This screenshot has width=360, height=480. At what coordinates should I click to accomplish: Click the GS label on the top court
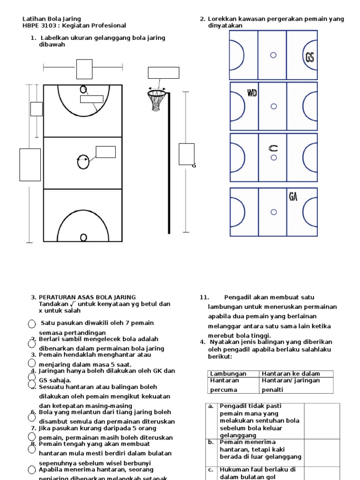point(309,57)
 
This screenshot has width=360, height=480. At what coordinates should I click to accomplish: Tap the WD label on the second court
point(252,92)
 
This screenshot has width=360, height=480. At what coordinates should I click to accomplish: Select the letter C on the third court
point(273,149)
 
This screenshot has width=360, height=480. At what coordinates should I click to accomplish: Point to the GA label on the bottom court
point(293,196)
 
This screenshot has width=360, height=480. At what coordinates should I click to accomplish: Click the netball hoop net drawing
point(157,101)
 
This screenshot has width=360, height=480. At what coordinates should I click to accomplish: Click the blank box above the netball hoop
point(164,73)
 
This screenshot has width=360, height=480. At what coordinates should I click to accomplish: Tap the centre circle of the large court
point(83,161)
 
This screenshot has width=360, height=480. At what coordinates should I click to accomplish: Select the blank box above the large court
point(84,69)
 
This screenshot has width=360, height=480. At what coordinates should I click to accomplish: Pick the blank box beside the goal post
point(187,154)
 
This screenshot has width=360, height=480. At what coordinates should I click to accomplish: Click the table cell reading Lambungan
point(222,374)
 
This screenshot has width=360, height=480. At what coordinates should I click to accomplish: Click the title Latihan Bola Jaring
point(45,19)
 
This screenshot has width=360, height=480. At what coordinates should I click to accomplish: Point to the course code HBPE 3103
point(37,25)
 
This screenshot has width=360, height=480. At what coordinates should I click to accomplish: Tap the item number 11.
point(204,297)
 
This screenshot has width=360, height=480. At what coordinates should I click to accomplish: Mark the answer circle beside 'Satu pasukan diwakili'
point(32,324)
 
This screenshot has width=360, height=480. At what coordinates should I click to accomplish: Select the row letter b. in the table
point(211,442)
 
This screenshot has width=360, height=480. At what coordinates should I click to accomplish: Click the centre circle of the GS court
point(273,55)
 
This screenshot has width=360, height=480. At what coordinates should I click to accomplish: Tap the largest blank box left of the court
point(30,165)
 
